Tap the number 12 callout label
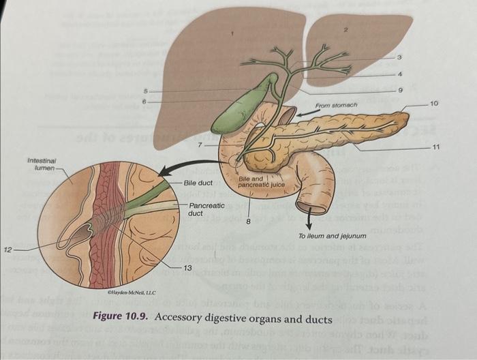pos(7,250)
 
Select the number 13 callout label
pos(187,267)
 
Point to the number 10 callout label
pos(435,104)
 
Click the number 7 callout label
pos(200,145)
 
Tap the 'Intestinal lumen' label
pos(42,164)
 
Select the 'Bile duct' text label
pos(199,183)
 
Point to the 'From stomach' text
pos(337,106)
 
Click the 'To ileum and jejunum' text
pos(333,236)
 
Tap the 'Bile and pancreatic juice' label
pos(262,181)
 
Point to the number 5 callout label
pos(144,91)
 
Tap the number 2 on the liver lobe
pos(345,30)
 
